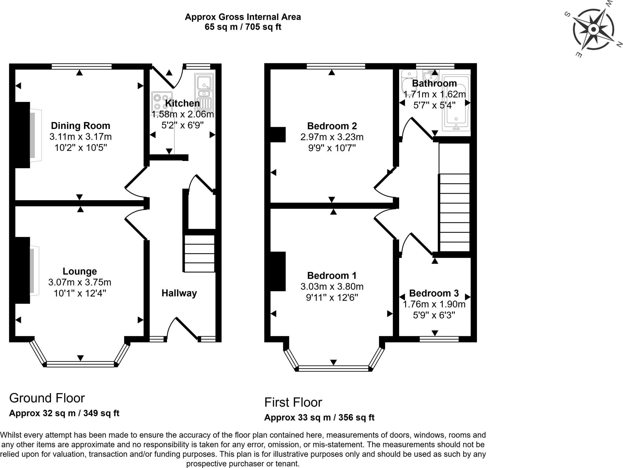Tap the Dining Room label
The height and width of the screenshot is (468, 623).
[x=81, y=126]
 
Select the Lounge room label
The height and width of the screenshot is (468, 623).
[x=80, y=271]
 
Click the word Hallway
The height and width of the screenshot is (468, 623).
[x=179, y=293]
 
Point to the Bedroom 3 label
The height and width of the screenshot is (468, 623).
[x=434, y=293]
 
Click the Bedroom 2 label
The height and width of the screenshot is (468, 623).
[x=332, y=126]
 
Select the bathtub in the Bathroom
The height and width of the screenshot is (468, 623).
[x=456, y=103]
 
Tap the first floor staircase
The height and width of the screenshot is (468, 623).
[x=454, y=212]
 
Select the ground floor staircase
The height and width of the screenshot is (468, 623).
[x=199, y=253]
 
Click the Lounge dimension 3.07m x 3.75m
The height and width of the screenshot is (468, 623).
[x=80, y=282]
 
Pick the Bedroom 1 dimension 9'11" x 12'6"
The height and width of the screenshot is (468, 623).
[x=332, y=298]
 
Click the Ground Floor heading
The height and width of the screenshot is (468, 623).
[x=47, y=398]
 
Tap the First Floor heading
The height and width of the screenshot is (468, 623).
[x=293, y=402]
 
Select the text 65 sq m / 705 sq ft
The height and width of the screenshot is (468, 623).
[x=243, y=27]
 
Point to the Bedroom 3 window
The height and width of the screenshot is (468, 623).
[x=439, y=339]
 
